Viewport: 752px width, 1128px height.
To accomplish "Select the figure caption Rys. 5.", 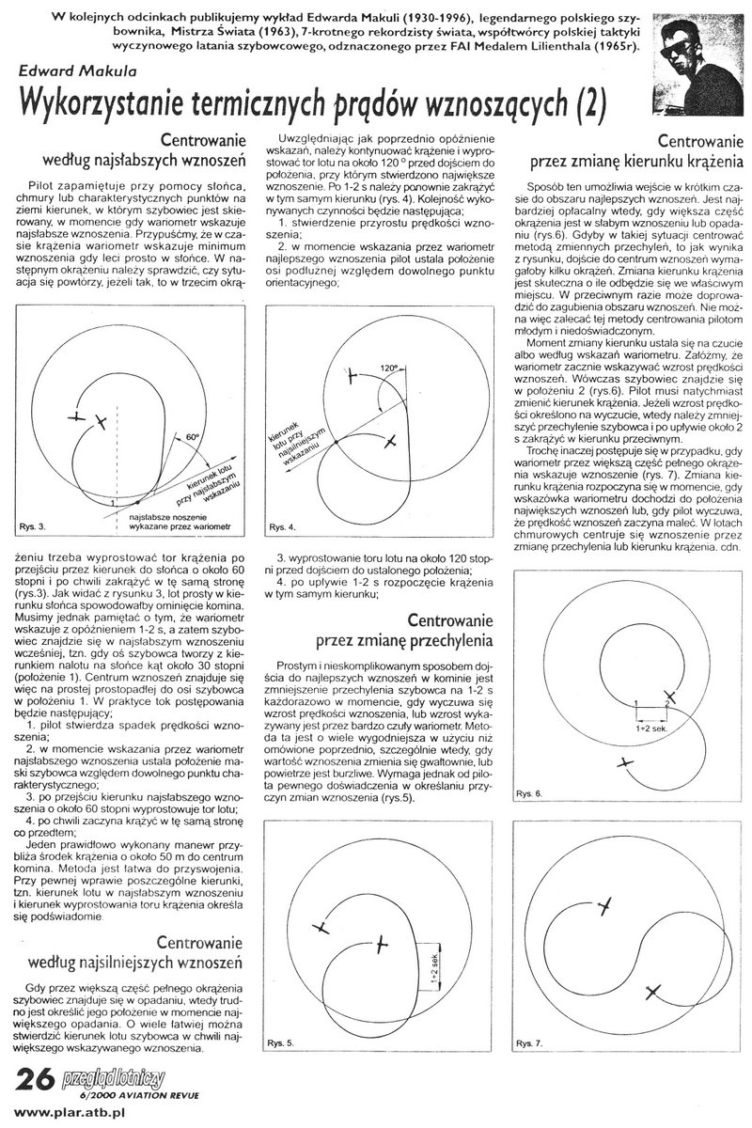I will [282, 1043].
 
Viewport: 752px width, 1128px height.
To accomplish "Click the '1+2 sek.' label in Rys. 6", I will [652, 727].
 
